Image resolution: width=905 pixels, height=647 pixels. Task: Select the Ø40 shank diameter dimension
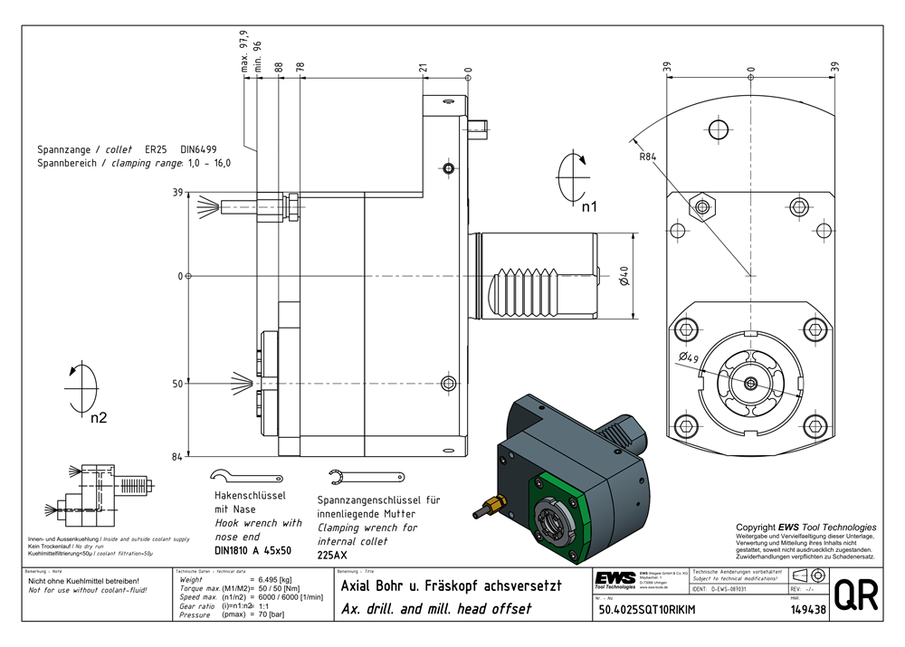point(624,276)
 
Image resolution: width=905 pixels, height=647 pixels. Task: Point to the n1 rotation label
point(589,206)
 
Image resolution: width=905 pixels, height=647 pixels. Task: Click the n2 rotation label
point(99,417)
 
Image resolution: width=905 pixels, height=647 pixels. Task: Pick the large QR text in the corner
point(854,599)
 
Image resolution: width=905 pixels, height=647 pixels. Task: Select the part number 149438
point(807,610)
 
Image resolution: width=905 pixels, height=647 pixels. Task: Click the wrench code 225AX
point(334,555)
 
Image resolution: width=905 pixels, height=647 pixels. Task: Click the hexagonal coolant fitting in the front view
point(701,206)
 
